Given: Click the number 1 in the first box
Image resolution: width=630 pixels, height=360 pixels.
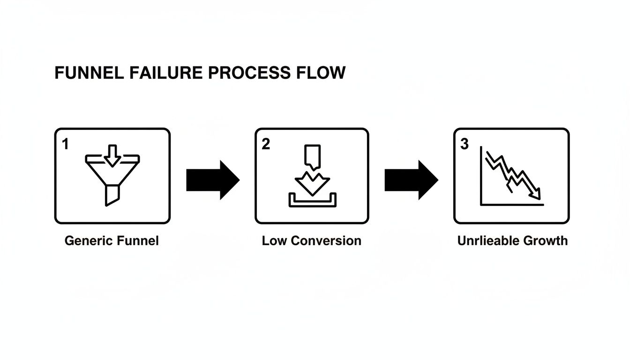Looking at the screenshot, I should pos(65,144).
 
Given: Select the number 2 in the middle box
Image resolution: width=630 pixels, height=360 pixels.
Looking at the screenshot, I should pos(266,144).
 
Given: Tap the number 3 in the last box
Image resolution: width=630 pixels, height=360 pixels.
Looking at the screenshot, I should pos(464,144).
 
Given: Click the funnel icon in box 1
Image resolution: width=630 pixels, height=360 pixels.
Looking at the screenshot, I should pos(112,173).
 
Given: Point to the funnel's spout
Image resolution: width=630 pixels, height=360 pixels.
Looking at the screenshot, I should pos(112,195).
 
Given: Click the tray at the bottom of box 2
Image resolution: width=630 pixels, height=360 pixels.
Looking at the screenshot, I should pos(312,202).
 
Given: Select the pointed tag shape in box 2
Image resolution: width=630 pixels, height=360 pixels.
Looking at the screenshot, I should pos(312,156).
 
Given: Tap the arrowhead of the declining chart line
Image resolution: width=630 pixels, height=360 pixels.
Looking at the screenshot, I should pos(536,194).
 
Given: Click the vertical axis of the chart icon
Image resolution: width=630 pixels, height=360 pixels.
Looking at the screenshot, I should pos(481,176).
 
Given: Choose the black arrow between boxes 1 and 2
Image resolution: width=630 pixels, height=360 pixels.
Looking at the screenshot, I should pos(212,180).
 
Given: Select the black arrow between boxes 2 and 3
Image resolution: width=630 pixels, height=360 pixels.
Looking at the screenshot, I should pos(411,180).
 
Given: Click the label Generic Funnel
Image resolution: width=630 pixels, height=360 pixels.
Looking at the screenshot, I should pos(112,241).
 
